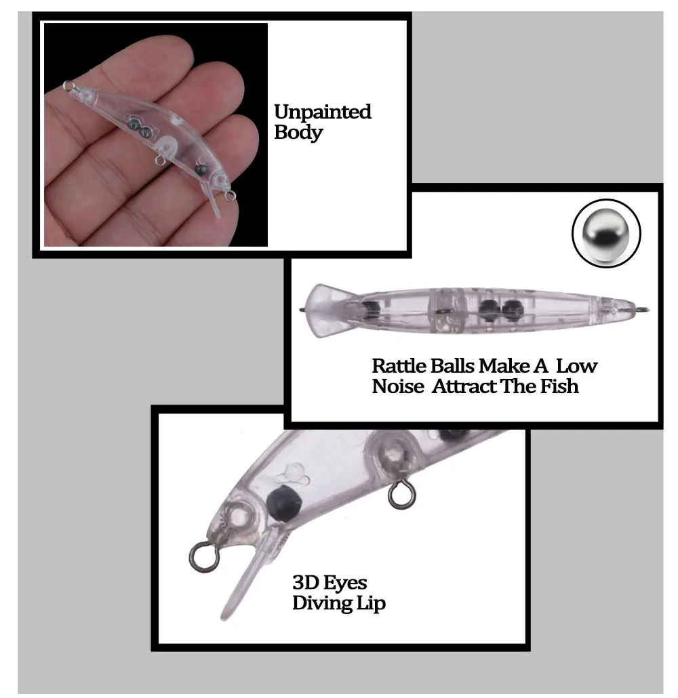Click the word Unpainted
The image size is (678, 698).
323,112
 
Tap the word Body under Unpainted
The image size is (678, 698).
298,132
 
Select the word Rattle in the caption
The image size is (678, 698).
399,366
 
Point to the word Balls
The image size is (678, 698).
452,366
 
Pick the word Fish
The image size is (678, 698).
559,387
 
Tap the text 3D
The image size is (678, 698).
305,582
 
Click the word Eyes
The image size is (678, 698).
345,583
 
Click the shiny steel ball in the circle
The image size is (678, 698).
605,233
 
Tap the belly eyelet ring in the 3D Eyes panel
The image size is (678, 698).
401,493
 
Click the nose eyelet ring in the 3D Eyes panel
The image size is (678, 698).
204,555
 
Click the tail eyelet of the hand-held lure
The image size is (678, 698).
68,85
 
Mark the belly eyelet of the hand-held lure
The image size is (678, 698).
159,161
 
